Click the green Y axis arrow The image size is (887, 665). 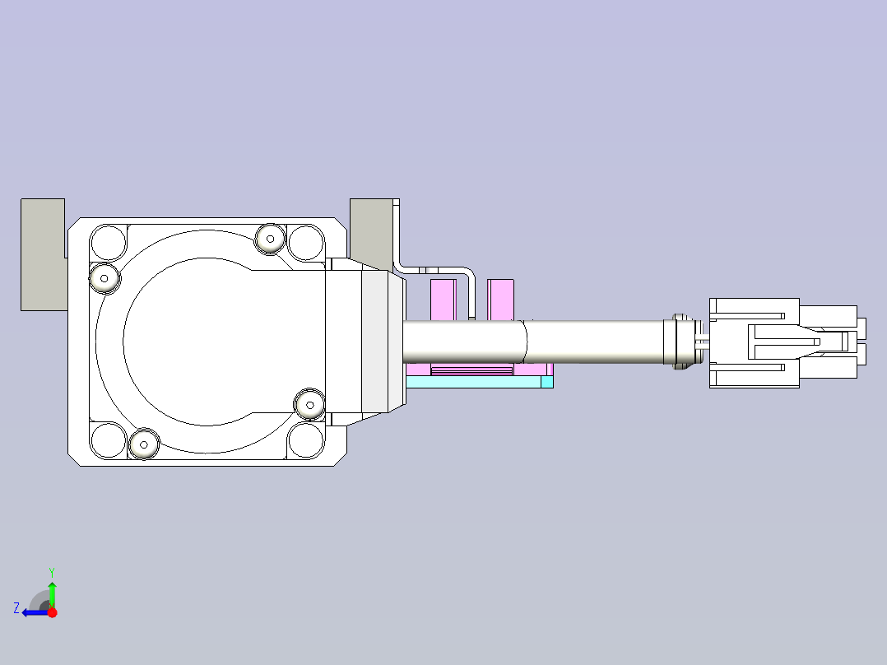click(x=52, y=594)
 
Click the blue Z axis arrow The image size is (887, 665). click(x=35, y=612)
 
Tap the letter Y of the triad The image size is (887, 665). click(x=52, y=572)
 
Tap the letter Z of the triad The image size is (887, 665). click(x=16, y=608)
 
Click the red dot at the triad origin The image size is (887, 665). click(x=52, y=612)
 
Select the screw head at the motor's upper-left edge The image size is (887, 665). click(x=104, y=278)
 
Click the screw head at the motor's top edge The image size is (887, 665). click(x=270, y=239)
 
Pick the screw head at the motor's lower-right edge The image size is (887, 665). click(x=309, y=405)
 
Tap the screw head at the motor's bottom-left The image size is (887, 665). click(x=144, y=444)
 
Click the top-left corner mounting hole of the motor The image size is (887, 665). click(x=108, y=242)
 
